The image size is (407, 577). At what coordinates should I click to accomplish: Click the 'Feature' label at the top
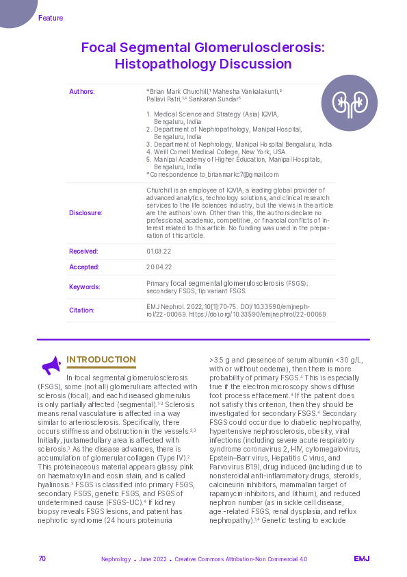pos(51,18)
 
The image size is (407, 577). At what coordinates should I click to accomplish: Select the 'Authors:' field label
pos(82,91)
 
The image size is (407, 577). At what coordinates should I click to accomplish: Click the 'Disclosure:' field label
pos(86,212)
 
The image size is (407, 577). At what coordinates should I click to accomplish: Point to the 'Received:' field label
pos(83,251)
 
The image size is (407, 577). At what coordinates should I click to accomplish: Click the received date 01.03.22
pos(157,251)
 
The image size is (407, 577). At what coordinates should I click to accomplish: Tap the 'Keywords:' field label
pos(85,287)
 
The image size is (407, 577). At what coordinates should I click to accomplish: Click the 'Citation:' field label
pos(82,310)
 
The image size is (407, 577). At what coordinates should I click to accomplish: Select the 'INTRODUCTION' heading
pos(101,360)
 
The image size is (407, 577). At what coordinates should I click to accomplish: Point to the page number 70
pos(42,558)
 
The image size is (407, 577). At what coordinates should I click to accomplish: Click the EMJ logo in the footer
pos(361,558)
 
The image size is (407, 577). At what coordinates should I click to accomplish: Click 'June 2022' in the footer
pos(153,559)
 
